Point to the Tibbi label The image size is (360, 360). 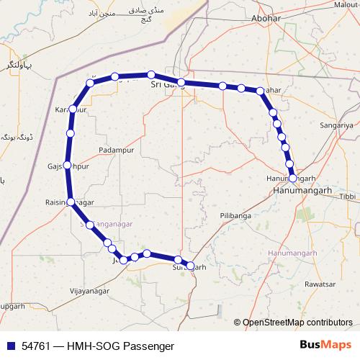coord(348,196)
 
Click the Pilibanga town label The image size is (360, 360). coord(236,215)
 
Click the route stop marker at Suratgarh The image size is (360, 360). coord(190,266)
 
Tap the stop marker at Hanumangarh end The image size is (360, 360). coord(293,177)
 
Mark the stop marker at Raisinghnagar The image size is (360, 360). coord(71,202)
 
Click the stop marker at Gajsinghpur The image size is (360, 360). coord(68,166)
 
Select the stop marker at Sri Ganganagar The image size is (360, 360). coord(181,82)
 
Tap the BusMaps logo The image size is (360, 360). coord(325,346)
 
